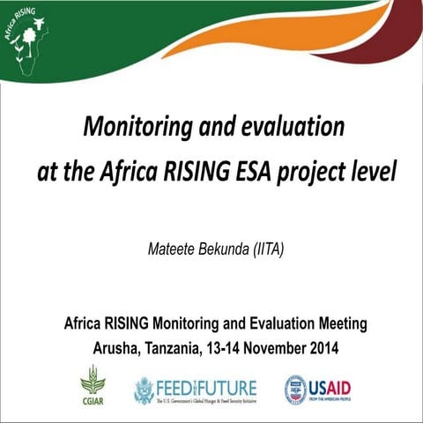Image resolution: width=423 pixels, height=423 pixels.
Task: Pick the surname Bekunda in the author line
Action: (227, 249)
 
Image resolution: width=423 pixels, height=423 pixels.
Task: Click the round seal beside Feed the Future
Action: (143, 389)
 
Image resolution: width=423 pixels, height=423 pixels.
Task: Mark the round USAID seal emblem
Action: (294, 389)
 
